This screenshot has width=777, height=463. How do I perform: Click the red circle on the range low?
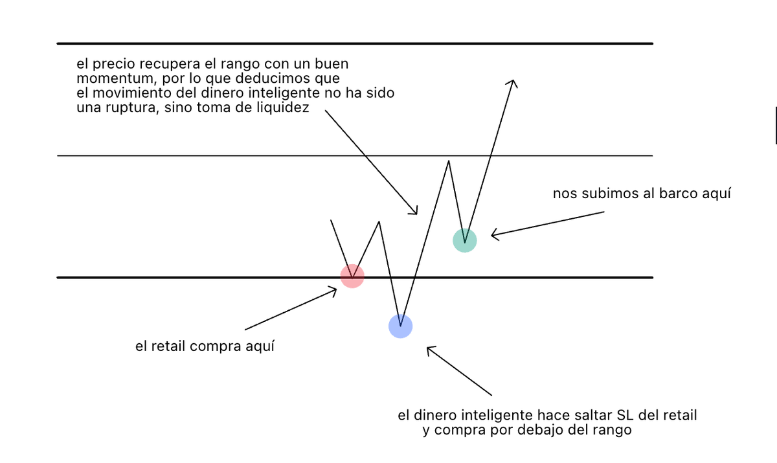click(352, 276)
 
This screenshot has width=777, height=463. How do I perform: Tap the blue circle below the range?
click(400, 326)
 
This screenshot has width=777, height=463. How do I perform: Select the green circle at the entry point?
click(464, 240)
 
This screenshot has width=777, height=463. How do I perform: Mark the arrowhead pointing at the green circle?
click(493, 234)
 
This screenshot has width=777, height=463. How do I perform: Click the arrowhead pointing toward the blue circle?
click(429, 350)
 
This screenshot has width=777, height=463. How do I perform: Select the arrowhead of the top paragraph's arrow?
click(415, 212)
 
